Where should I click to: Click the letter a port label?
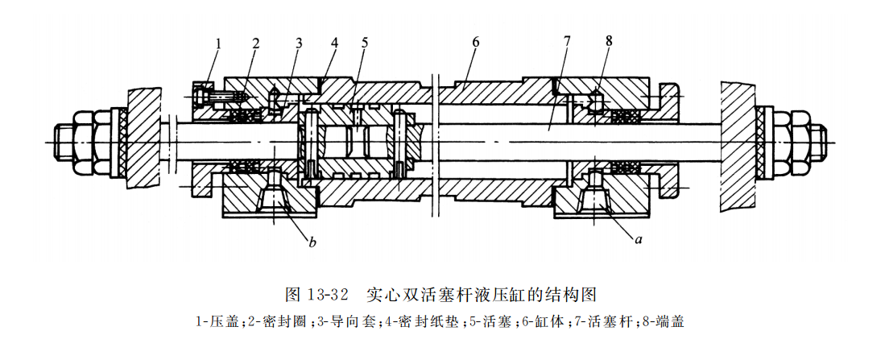coord(639,238)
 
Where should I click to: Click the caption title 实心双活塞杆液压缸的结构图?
coord(483,292)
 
